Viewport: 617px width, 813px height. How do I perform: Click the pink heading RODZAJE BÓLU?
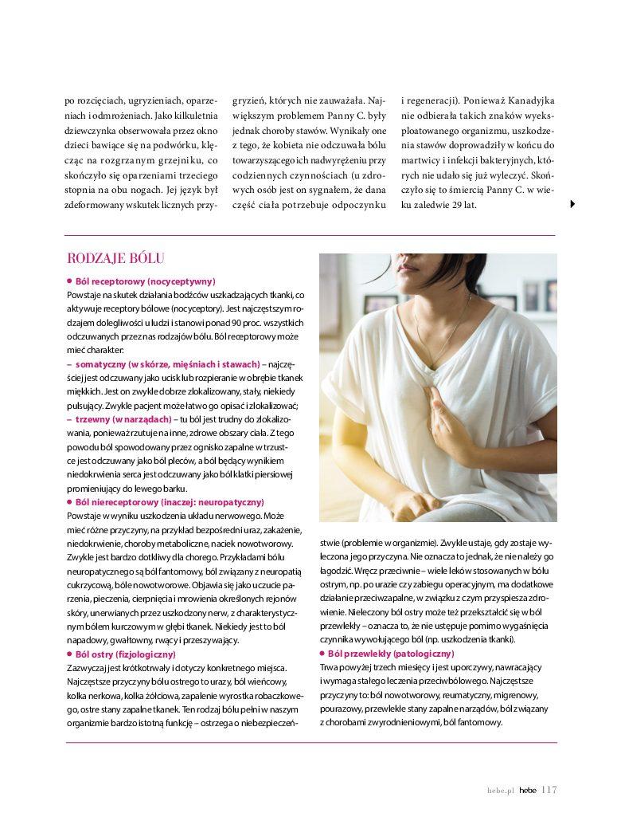(116, 258)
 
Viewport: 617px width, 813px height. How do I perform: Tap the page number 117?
(549, 790)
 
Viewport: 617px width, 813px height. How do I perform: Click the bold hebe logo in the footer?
(528, 791)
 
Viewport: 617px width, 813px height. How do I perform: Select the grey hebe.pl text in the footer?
(502, 791)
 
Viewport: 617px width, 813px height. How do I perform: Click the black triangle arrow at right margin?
(573, 205)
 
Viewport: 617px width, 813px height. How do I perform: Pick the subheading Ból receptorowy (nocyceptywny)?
(145, 281)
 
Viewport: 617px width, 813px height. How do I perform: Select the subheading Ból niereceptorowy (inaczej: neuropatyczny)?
(169, 502)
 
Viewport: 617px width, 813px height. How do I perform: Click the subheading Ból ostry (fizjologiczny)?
(125, 654)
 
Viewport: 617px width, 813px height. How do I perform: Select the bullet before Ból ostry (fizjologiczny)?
(69, 654)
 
